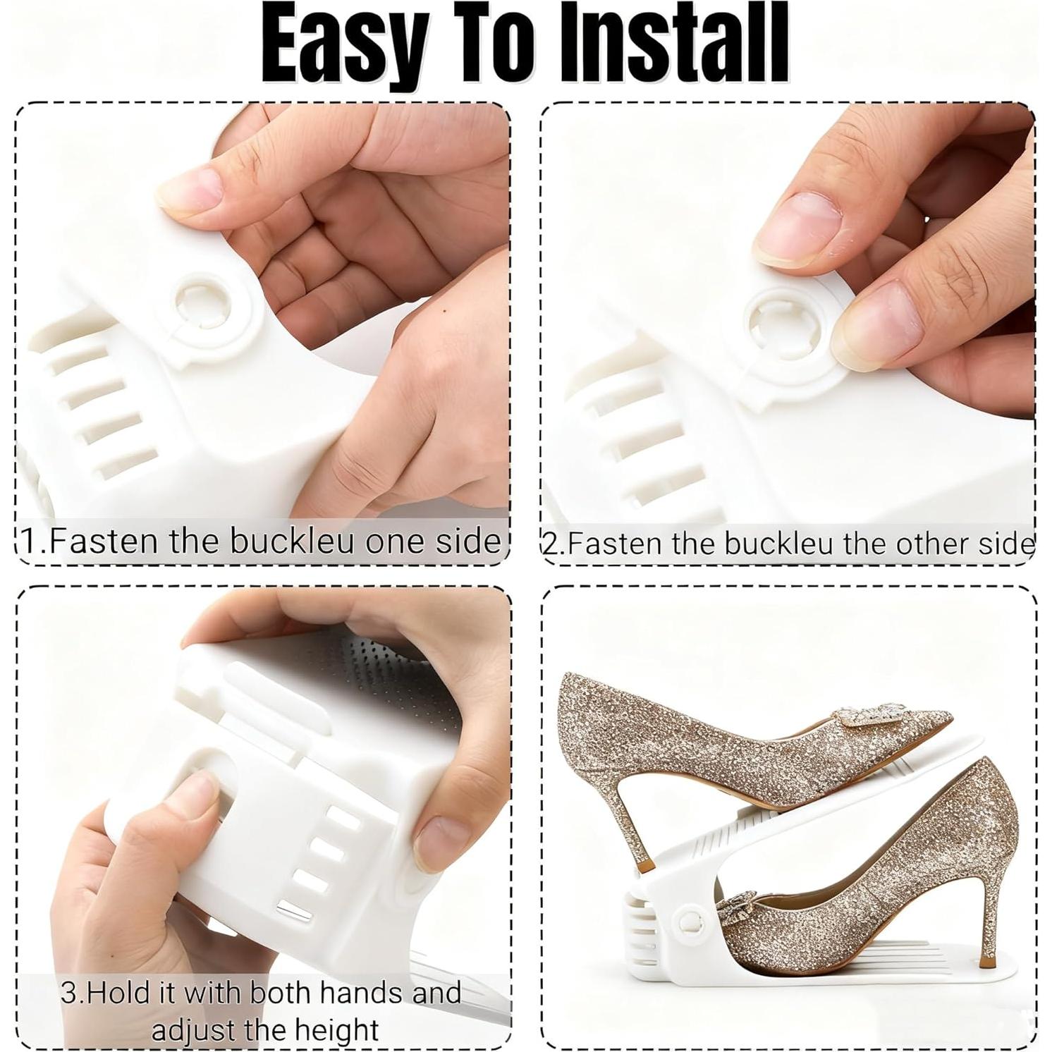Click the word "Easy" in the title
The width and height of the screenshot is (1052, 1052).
coord(344,44)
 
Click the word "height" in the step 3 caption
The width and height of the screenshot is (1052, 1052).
coord(336,1030)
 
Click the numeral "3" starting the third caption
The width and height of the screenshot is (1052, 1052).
coord(68,993)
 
